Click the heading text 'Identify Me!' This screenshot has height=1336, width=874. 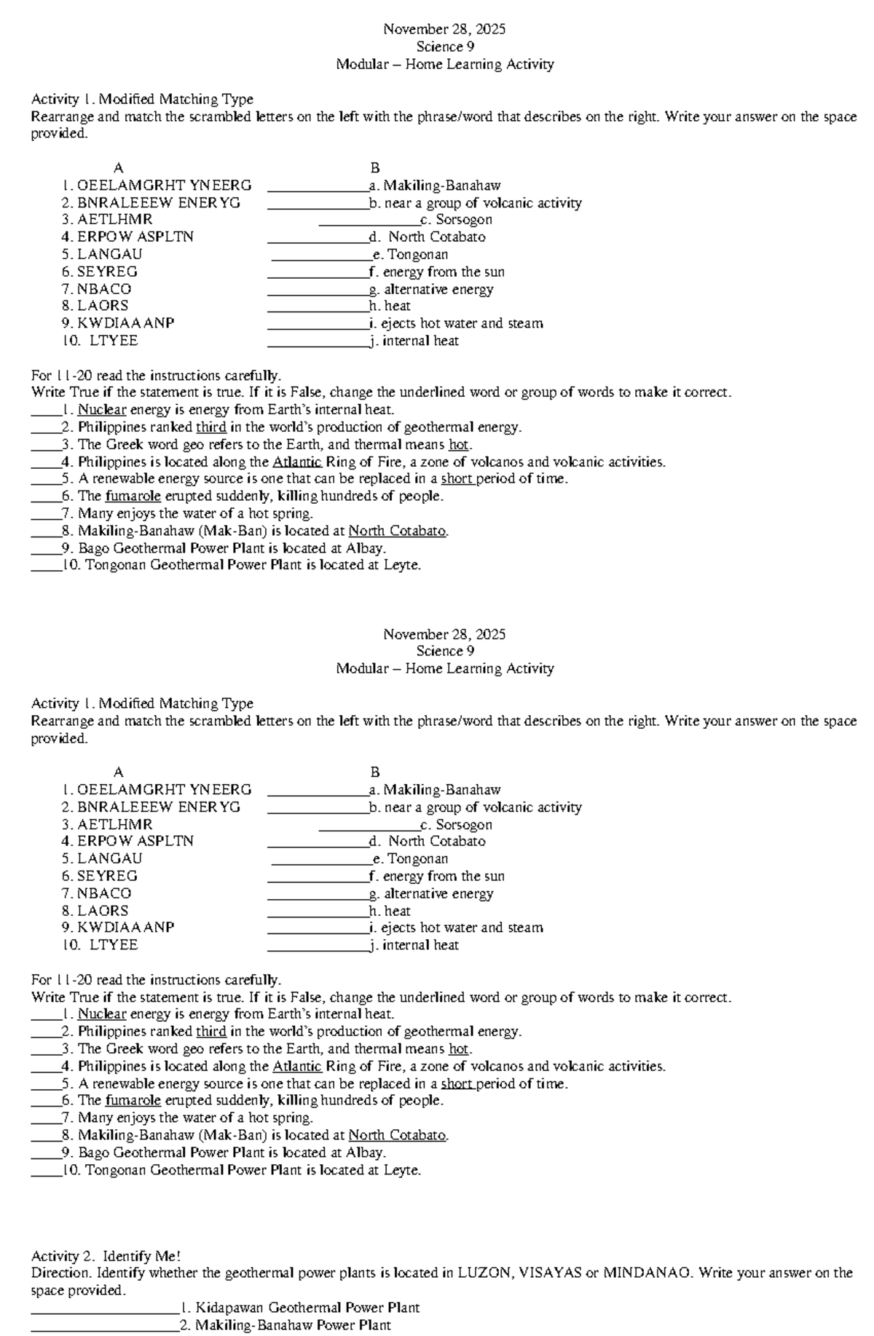(x=141, y=1256)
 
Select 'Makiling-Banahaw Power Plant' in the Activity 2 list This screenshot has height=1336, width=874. (x=293, y=1325)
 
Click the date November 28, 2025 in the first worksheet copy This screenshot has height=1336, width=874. (x=444, y=29)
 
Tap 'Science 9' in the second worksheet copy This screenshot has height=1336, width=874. (x=445, y=651)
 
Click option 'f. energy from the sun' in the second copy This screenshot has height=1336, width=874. (x=437, y=876)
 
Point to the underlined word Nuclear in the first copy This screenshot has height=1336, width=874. (x=102, y=410)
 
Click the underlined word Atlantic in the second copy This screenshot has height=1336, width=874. (x=297, y=1066)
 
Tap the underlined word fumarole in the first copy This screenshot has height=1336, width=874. (x=133, y=496)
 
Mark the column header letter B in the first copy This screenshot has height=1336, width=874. (x=375, y=168)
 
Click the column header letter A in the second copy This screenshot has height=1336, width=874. (x=119, y=772)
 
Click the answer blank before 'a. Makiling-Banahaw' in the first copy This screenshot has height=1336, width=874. (x=317, y=186)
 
